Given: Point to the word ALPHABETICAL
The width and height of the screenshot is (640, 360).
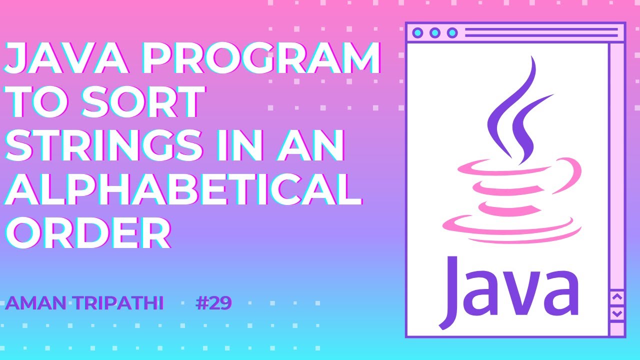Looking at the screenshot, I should point(182,189).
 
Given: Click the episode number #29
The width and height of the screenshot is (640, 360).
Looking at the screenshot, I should point(213,303).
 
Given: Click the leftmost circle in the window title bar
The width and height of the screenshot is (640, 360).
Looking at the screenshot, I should point(418,33).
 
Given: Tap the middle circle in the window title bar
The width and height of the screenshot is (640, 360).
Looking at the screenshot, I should point(435,33).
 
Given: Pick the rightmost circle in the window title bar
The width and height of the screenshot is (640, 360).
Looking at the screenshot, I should point(452,33).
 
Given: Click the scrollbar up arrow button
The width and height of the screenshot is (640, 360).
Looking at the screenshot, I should point(617,297).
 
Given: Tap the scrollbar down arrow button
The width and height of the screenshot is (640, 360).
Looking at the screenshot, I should point(617,313).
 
